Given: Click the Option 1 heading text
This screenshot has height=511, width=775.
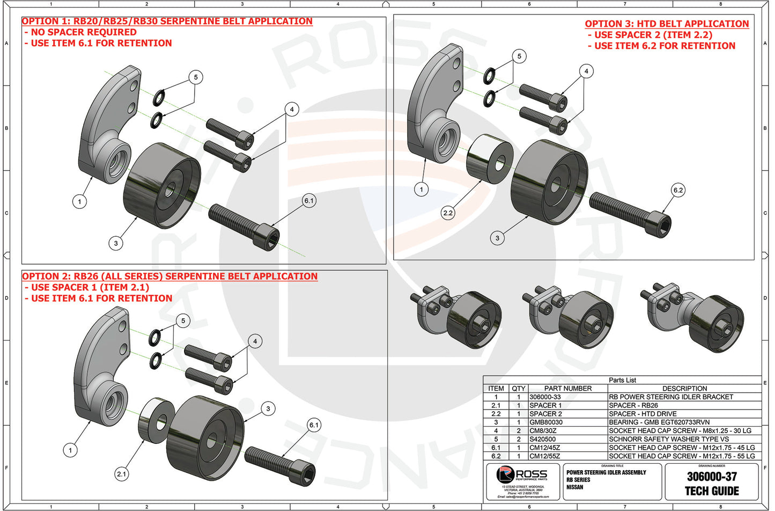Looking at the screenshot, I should pos(167,21).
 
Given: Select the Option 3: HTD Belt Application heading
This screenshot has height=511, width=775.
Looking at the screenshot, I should pos(667,24).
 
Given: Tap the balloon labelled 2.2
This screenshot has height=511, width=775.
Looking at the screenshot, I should pos(448,213).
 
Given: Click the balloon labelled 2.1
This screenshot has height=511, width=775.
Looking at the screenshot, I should pos(122,474).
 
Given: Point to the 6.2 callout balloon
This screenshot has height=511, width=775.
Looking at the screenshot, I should pos(678,190).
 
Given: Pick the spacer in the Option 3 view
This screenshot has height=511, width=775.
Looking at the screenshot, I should pos(489,159).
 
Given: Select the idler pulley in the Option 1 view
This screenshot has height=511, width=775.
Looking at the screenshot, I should pos(162,185).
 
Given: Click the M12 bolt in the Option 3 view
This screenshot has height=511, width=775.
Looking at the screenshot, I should pos(630,213).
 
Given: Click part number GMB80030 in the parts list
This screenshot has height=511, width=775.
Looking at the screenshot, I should pos(546,422).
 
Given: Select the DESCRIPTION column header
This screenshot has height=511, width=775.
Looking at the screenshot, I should pos(684,389).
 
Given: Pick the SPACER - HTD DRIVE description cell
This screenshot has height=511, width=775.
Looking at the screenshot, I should pos(643,414).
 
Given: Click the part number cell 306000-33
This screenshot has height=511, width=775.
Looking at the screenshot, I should pos(545,397).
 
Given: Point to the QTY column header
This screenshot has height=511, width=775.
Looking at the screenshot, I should pos(519,389).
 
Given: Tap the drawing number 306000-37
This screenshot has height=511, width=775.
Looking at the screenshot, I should pos(712,477).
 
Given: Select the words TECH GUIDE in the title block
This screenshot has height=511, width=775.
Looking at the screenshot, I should pos(712,491).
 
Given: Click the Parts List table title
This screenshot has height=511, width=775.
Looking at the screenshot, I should pos(622,380).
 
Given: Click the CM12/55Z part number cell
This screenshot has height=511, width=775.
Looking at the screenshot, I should pos(545,456).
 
